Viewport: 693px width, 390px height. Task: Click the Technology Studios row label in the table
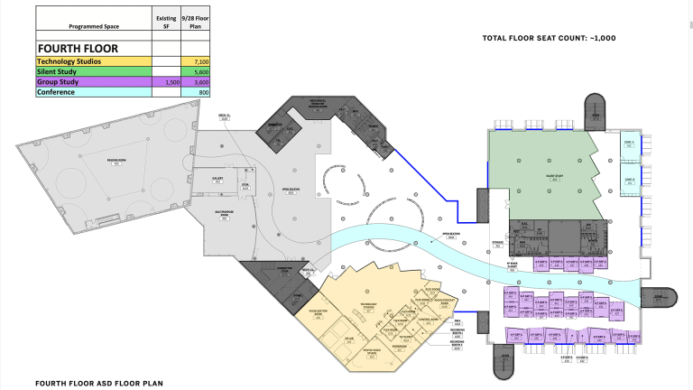(x=76, y=60)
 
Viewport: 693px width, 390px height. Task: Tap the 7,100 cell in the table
(x=195, y=60)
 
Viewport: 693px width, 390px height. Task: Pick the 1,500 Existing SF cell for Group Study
(x=166, y=81)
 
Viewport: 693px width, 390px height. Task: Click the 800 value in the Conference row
(x=195, y=92)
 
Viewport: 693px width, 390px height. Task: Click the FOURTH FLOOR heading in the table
(x=79, y=48)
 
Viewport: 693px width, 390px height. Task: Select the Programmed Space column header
(x=93, y=27)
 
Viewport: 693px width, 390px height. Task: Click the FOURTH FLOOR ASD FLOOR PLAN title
(x=99, y=383)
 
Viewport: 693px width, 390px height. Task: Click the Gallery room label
(x=217, y=180)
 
